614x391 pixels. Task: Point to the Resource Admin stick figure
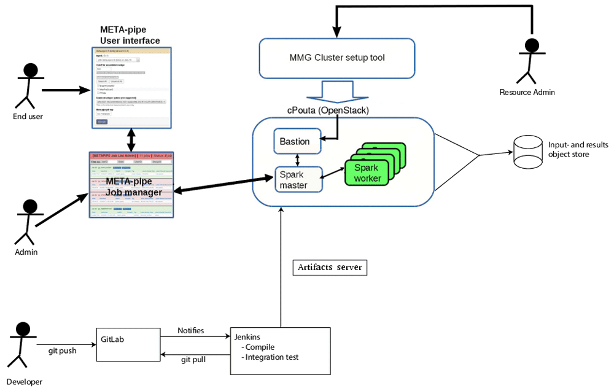pos(529,61)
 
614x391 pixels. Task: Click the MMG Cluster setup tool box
pos(336,58)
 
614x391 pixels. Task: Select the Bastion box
pos(297,142)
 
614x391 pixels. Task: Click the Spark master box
pos(298,180)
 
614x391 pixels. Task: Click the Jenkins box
pos(281,350)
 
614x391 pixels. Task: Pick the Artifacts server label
pos(330,268)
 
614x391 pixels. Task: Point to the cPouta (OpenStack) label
pos(328,110)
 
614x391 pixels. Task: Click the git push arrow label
pos(63,351)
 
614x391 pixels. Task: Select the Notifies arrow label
pos(190,331)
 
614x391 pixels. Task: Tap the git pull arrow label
pos(193,360)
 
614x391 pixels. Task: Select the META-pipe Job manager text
pos(134,187)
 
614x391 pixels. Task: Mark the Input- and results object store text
pos(577,150)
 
